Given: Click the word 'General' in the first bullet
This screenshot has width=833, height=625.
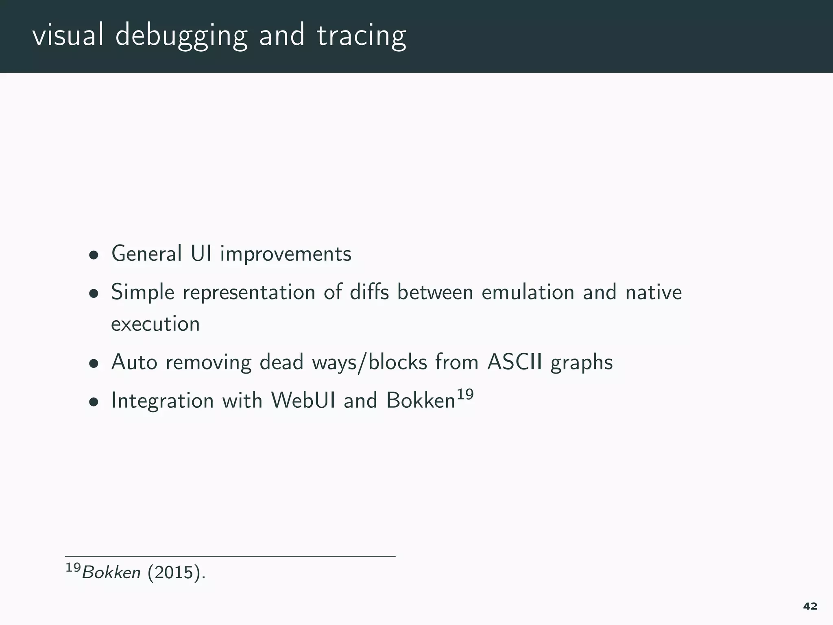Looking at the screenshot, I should pyautogui.click(x=146, y=254).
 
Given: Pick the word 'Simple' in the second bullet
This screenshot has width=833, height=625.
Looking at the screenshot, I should pyautogui.click(x=143, y=293).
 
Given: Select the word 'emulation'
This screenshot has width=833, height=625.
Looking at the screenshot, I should pyautogui.click(x=528, y=292).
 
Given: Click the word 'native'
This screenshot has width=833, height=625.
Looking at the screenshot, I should pyautogui.click(x=653, y=292).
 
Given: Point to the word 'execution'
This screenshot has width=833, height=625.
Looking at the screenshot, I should pyautogui.click(x=155, y=324).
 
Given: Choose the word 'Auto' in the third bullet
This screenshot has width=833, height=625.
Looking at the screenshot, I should pyautogui.click(x=134, y=362).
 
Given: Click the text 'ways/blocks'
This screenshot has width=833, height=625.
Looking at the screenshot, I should pyautogui.click(x=369, y=362).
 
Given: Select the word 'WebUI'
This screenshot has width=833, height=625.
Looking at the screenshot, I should pyautogui.click(x=303, y=400).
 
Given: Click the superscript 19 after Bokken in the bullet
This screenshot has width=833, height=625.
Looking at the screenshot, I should pyautogui.click(x=465, y=394).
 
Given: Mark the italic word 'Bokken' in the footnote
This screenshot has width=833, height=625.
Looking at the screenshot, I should pyautogui.click(x=111, y=573).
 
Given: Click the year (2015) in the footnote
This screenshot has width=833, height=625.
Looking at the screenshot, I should pyautogui.click(x=176, y=573).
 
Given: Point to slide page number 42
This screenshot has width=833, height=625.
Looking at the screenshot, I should pyautogui.click(x=810, y=606).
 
